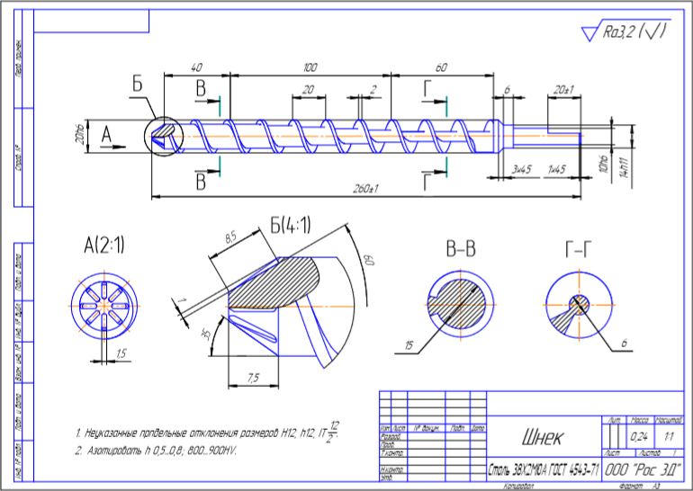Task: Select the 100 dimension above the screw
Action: click(x=310, y=68)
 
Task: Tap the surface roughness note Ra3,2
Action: click(x=635, y=32)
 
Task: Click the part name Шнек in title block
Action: click(x=541, y=439)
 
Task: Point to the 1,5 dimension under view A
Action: click(x=121, y=353)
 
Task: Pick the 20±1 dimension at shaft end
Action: click(x=563, y=91)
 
